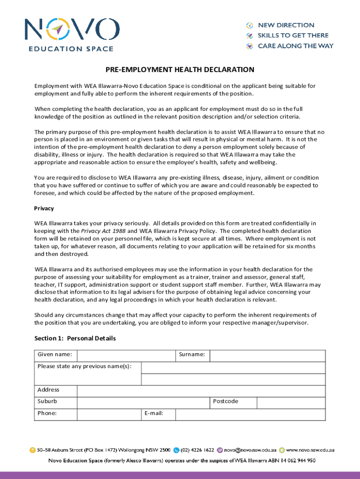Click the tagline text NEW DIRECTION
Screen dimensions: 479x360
(286, 25)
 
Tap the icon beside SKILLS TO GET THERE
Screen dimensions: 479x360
(250, 36)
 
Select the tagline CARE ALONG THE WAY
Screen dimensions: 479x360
(295, 46)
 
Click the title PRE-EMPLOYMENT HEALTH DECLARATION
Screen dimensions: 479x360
(180, 70)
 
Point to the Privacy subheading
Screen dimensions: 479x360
(44, 208)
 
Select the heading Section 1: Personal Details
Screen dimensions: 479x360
(75, 338)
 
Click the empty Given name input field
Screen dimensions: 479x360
(126, 356)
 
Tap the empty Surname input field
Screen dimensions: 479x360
(267, 356)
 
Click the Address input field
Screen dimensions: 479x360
(201, 391)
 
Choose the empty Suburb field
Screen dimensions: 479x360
(143, 403)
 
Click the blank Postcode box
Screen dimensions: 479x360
(291, 403)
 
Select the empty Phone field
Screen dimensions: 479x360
(108, 414)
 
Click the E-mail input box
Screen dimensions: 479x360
(250, 414)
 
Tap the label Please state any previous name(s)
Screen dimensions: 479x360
(84, 366)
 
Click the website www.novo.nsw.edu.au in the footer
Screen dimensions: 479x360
(310, 450)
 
